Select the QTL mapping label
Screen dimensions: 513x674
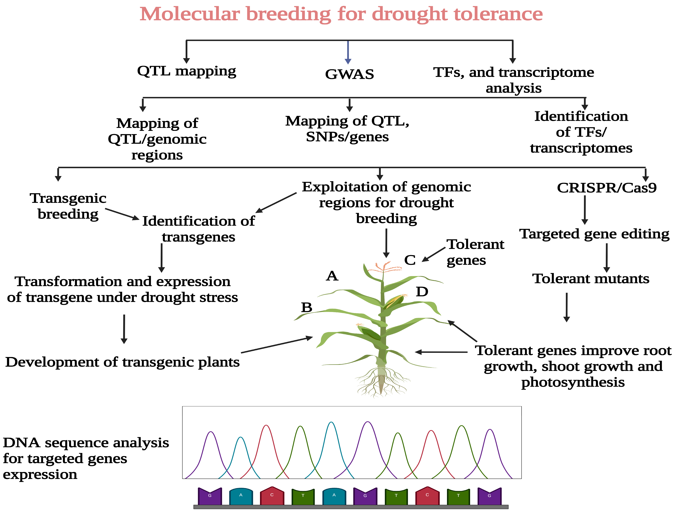[186, 71]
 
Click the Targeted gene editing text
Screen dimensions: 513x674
[594, 234]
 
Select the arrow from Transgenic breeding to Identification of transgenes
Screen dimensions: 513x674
[122, 214]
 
